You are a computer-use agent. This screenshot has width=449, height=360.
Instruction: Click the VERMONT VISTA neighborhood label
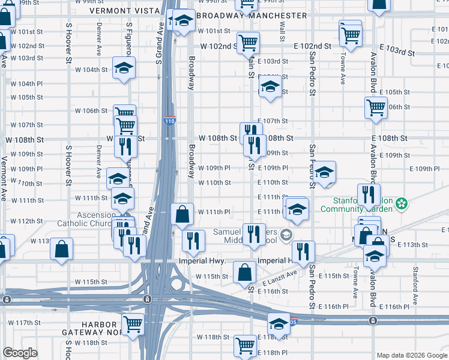125,11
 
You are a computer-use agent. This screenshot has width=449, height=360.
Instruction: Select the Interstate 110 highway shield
170,121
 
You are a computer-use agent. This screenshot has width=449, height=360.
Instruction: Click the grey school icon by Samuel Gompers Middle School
288,234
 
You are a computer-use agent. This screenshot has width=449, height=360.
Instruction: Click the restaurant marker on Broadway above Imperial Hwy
193,240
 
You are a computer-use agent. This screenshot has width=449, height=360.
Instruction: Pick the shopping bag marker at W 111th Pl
182,213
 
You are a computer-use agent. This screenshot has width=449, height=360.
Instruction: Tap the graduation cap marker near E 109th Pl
324,172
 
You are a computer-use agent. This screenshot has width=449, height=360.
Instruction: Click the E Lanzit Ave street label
279,278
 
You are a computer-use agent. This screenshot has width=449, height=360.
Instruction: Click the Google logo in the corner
20,353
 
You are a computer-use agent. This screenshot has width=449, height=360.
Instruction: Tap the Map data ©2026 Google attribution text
411,355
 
